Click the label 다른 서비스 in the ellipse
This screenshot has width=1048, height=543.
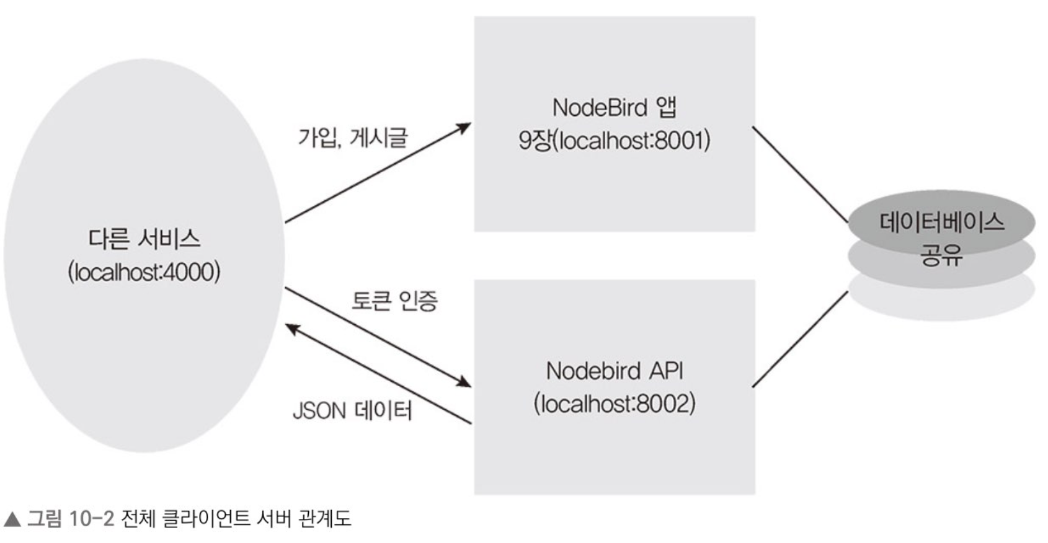coord(144,239)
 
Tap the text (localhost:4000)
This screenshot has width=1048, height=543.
coord(144,272)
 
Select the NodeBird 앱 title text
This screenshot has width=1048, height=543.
coord(614,108)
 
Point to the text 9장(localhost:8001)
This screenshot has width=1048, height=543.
coord(614,141)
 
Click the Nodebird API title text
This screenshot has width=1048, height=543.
coord(614,371)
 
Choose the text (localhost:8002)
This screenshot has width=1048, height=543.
coord(614,404)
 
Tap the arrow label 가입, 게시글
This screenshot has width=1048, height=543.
coord(352,137)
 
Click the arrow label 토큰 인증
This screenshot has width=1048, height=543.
coord(394,301)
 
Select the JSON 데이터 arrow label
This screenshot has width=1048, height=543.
coord(352,410)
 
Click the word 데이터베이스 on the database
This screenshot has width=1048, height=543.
coord(941,222)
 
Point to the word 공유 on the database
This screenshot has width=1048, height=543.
coord(941,255)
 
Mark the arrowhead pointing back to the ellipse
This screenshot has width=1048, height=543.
coord(293,329)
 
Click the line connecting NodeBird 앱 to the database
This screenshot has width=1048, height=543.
coord(800,174)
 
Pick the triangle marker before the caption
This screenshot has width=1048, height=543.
coord(12,519)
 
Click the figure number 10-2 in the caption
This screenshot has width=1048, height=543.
coord(92,518)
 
